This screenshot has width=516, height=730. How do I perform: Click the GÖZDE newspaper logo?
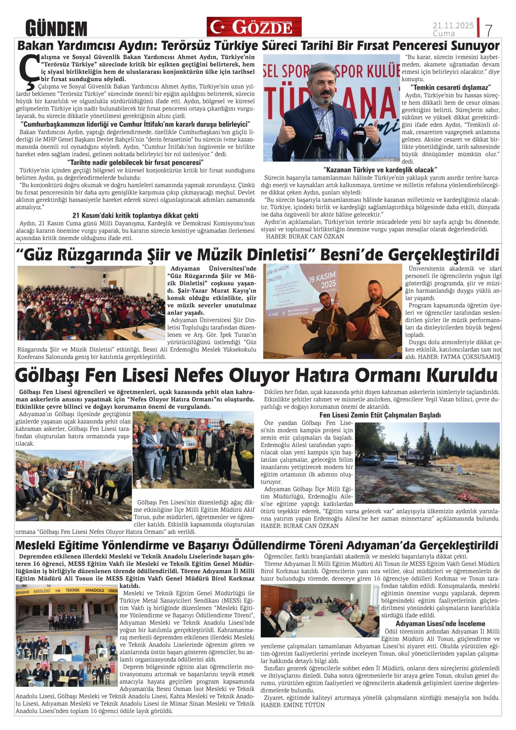254,27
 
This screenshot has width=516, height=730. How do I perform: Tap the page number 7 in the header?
489,30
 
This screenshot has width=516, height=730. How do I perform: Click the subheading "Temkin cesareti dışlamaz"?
451,87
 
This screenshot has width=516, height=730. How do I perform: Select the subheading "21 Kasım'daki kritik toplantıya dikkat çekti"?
136,215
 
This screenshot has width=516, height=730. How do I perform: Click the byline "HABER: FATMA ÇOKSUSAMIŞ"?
459,357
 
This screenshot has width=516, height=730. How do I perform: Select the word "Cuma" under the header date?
444,34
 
